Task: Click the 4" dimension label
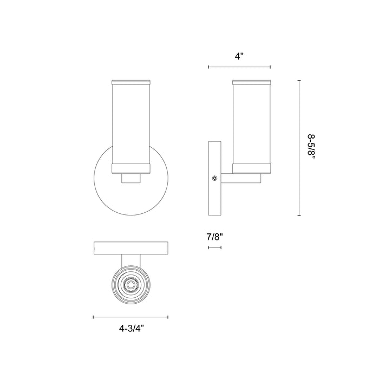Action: pyautogui.click(x=239, y=55)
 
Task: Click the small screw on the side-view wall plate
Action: pyautogui.click(x=215, y=178)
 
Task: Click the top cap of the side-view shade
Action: pyautogui.click(x=251, y=82)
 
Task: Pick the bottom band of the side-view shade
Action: pyautogui.click(x=251, y=168)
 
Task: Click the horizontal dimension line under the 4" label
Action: pyautogui.click(x=239, y=67)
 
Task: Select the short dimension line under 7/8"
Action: pyautogui.click(x=215, y=247)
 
